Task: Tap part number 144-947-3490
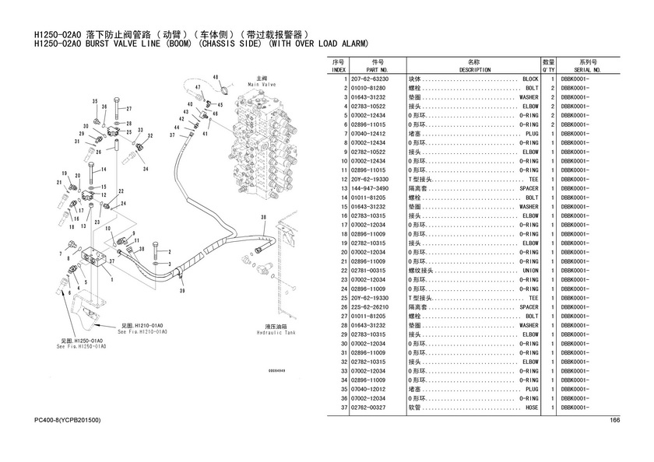click(370, 189)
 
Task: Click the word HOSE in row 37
click(532, 408)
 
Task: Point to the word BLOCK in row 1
click(530, 79)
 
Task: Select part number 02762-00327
click(369, 408)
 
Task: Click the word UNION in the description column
click(529, 271)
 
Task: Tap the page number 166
click(614, 421)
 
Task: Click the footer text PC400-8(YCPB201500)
click(68, 421)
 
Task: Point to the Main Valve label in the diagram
click(258, 81)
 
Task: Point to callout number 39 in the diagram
click(182, 290)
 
